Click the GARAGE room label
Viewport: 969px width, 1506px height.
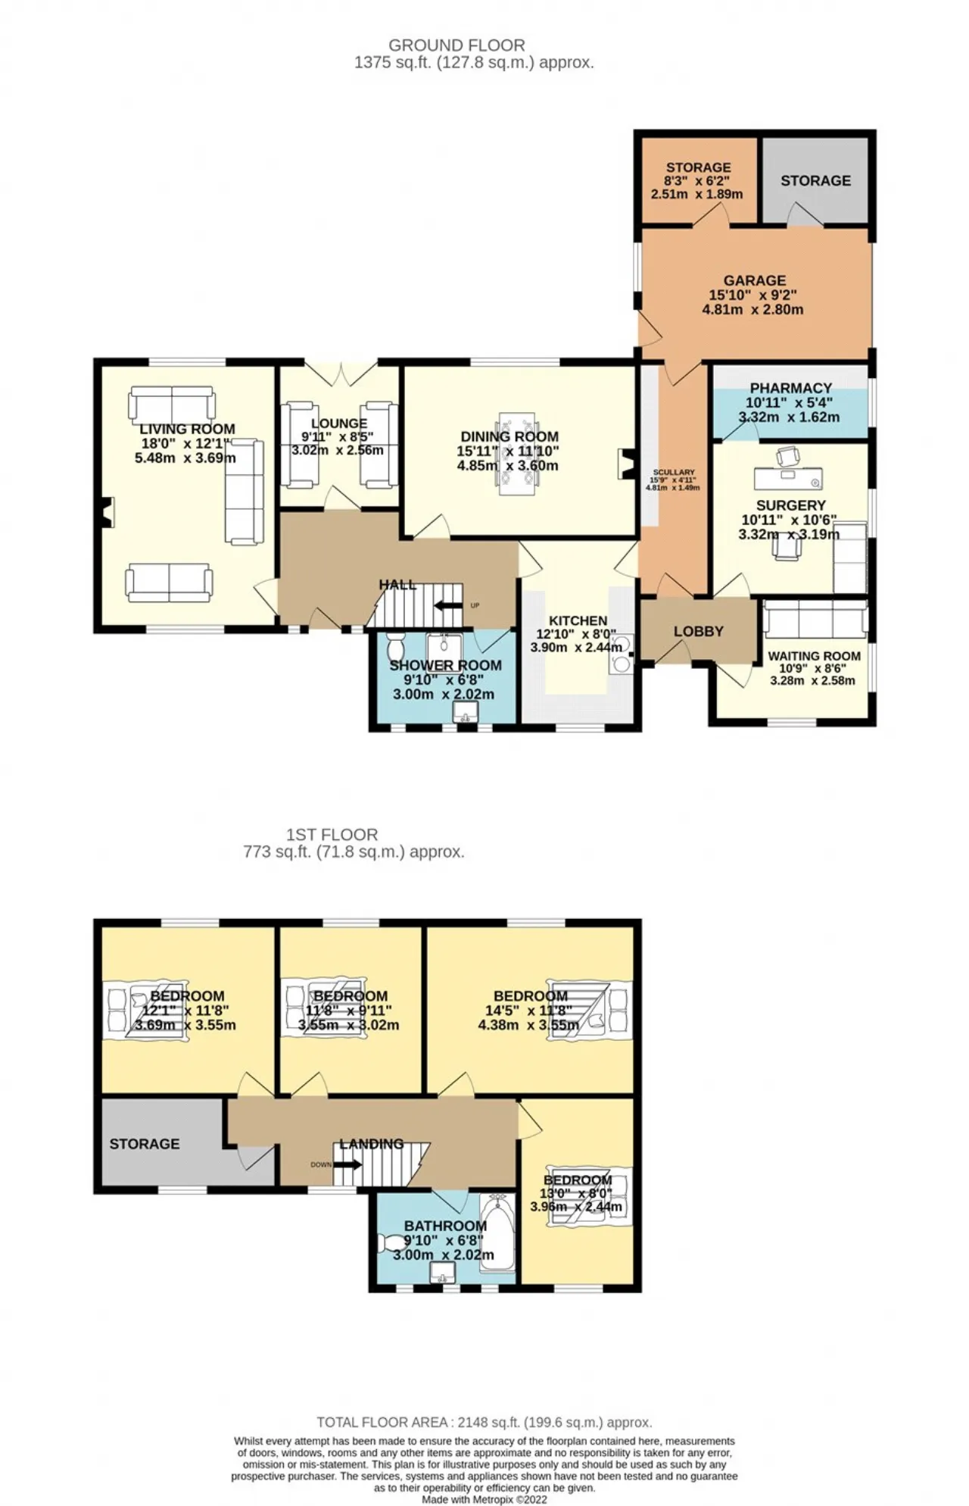click(754, 280)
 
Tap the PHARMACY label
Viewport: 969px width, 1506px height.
click(790, 388)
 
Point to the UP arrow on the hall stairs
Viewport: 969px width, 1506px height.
click(448, 605)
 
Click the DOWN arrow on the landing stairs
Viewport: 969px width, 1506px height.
click(347, 1164)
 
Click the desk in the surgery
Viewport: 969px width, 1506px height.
click(787, 479)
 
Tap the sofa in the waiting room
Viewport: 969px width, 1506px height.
click(815, 620)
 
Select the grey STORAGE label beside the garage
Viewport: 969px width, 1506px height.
click(815, 180)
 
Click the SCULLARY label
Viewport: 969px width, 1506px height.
click(673, 472)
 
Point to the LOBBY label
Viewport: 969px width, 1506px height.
click(698, 631)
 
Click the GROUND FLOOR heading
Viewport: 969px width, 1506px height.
click(456, 45)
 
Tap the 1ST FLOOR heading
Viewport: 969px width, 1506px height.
click(332, 835)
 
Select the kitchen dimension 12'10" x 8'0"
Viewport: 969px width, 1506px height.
click(576, 634)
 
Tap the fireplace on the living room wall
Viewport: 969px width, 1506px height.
click(107, 512)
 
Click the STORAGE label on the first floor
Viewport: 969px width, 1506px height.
click(145, 1144)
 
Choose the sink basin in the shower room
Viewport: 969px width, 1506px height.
click(465, 711)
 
